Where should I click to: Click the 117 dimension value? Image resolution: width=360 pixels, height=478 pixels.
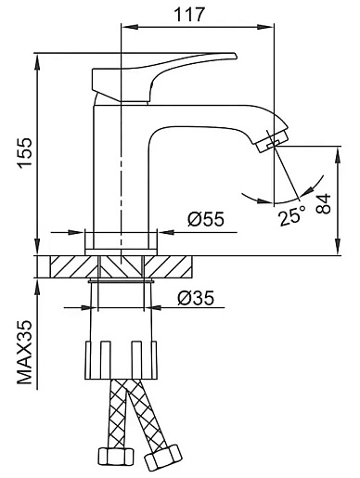pos(189,14)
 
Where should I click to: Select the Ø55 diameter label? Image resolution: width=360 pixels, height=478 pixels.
pos(205,219)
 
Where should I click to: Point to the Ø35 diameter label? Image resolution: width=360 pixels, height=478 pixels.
pos(196,298)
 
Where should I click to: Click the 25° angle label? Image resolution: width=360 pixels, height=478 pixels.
pos(291,215)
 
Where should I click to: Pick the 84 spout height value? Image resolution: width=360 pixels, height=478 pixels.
pos(324,204)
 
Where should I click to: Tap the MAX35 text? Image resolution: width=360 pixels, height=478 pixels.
pos(25,352)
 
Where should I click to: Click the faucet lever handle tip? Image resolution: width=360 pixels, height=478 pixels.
pos(235,56)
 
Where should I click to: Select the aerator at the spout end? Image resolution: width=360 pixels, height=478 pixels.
pos(272,141)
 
